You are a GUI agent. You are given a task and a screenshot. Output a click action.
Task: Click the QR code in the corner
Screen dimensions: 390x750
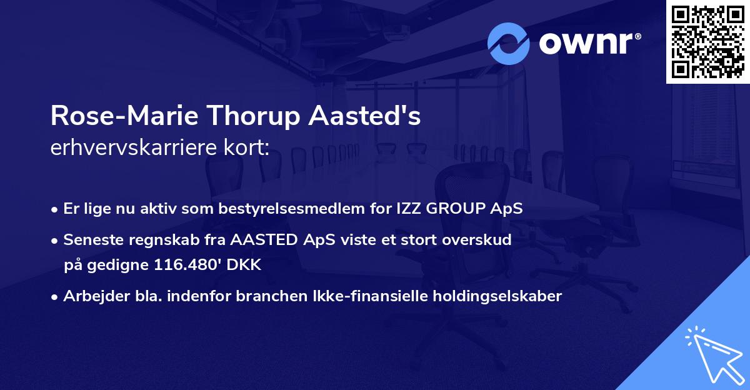tap(707, 41)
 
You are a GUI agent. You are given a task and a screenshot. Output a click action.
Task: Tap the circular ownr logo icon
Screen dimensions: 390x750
tap(509, 43)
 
